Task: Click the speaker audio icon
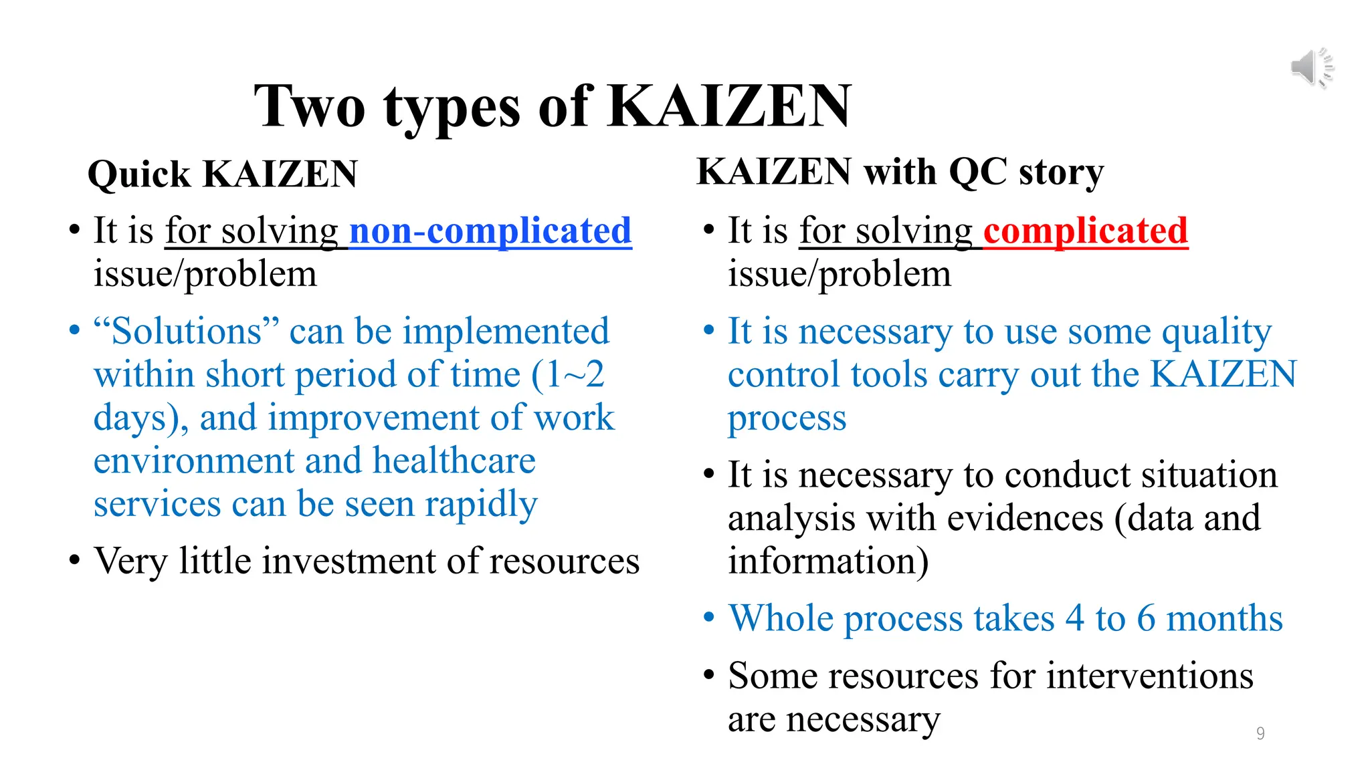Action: coord(1311,68)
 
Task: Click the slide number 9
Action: coord(1260,733)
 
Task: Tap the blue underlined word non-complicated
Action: coord(490,231)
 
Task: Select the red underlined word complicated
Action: coord(1085,231)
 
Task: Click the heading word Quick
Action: coord(139,174)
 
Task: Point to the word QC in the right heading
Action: coord(978,172)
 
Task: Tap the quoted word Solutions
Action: coord(185,331)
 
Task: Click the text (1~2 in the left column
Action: coord(569,374)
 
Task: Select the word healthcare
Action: coord(454,461)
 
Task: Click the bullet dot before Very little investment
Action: coord(74,559)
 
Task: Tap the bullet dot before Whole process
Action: coord(709,617)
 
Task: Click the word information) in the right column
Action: coord(828,561)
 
